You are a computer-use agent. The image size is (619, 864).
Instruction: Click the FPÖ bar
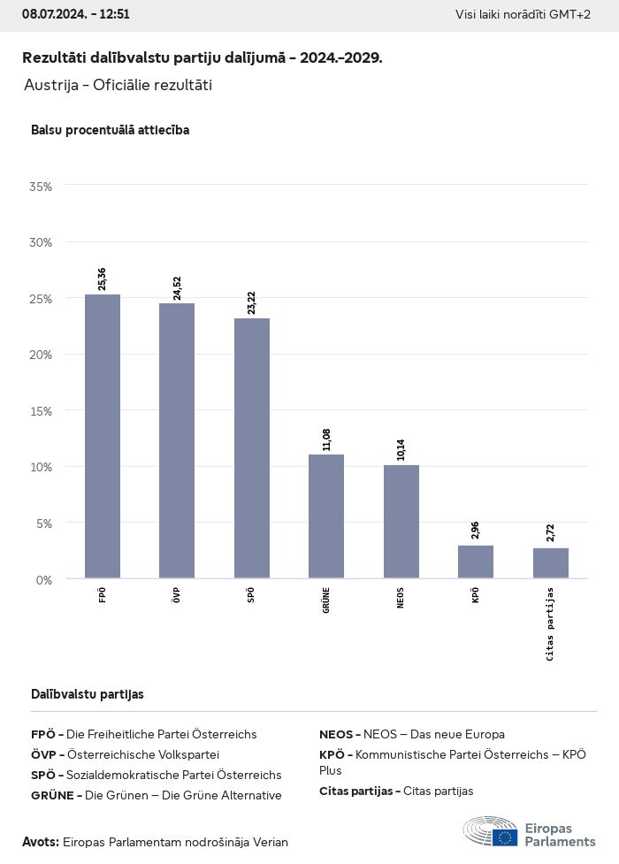103,436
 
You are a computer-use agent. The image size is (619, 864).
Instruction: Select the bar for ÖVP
177,440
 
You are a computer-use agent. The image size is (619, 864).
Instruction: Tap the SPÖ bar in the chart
252,447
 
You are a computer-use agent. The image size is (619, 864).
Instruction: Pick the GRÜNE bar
326,516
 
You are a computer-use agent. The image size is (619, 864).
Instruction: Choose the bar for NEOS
401,522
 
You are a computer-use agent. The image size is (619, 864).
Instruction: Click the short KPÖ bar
476,562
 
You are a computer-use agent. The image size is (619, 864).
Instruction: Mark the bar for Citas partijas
550,563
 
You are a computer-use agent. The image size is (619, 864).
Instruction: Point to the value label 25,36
103,279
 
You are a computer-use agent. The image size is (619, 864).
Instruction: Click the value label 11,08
326,439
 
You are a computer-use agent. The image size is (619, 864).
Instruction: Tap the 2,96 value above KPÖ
476,531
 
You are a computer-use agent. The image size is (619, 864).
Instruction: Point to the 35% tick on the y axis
41,187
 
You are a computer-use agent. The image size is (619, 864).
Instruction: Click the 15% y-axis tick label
41,411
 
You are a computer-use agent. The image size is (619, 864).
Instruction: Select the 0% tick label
43,579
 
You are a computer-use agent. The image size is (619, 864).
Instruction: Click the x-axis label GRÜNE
326,601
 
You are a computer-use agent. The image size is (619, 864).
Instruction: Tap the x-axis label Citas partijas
550,623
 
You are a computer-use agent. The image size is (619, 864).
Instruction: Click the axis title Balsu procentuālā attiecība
110,130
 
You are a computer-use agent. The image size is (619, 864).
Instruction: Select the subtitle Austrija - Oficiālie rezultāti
118,86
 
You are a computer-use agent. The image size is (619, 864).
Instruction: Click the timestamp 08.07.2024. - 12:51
76,14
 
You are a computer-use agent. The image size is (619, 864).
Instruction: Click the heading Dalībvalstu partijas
87,694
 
